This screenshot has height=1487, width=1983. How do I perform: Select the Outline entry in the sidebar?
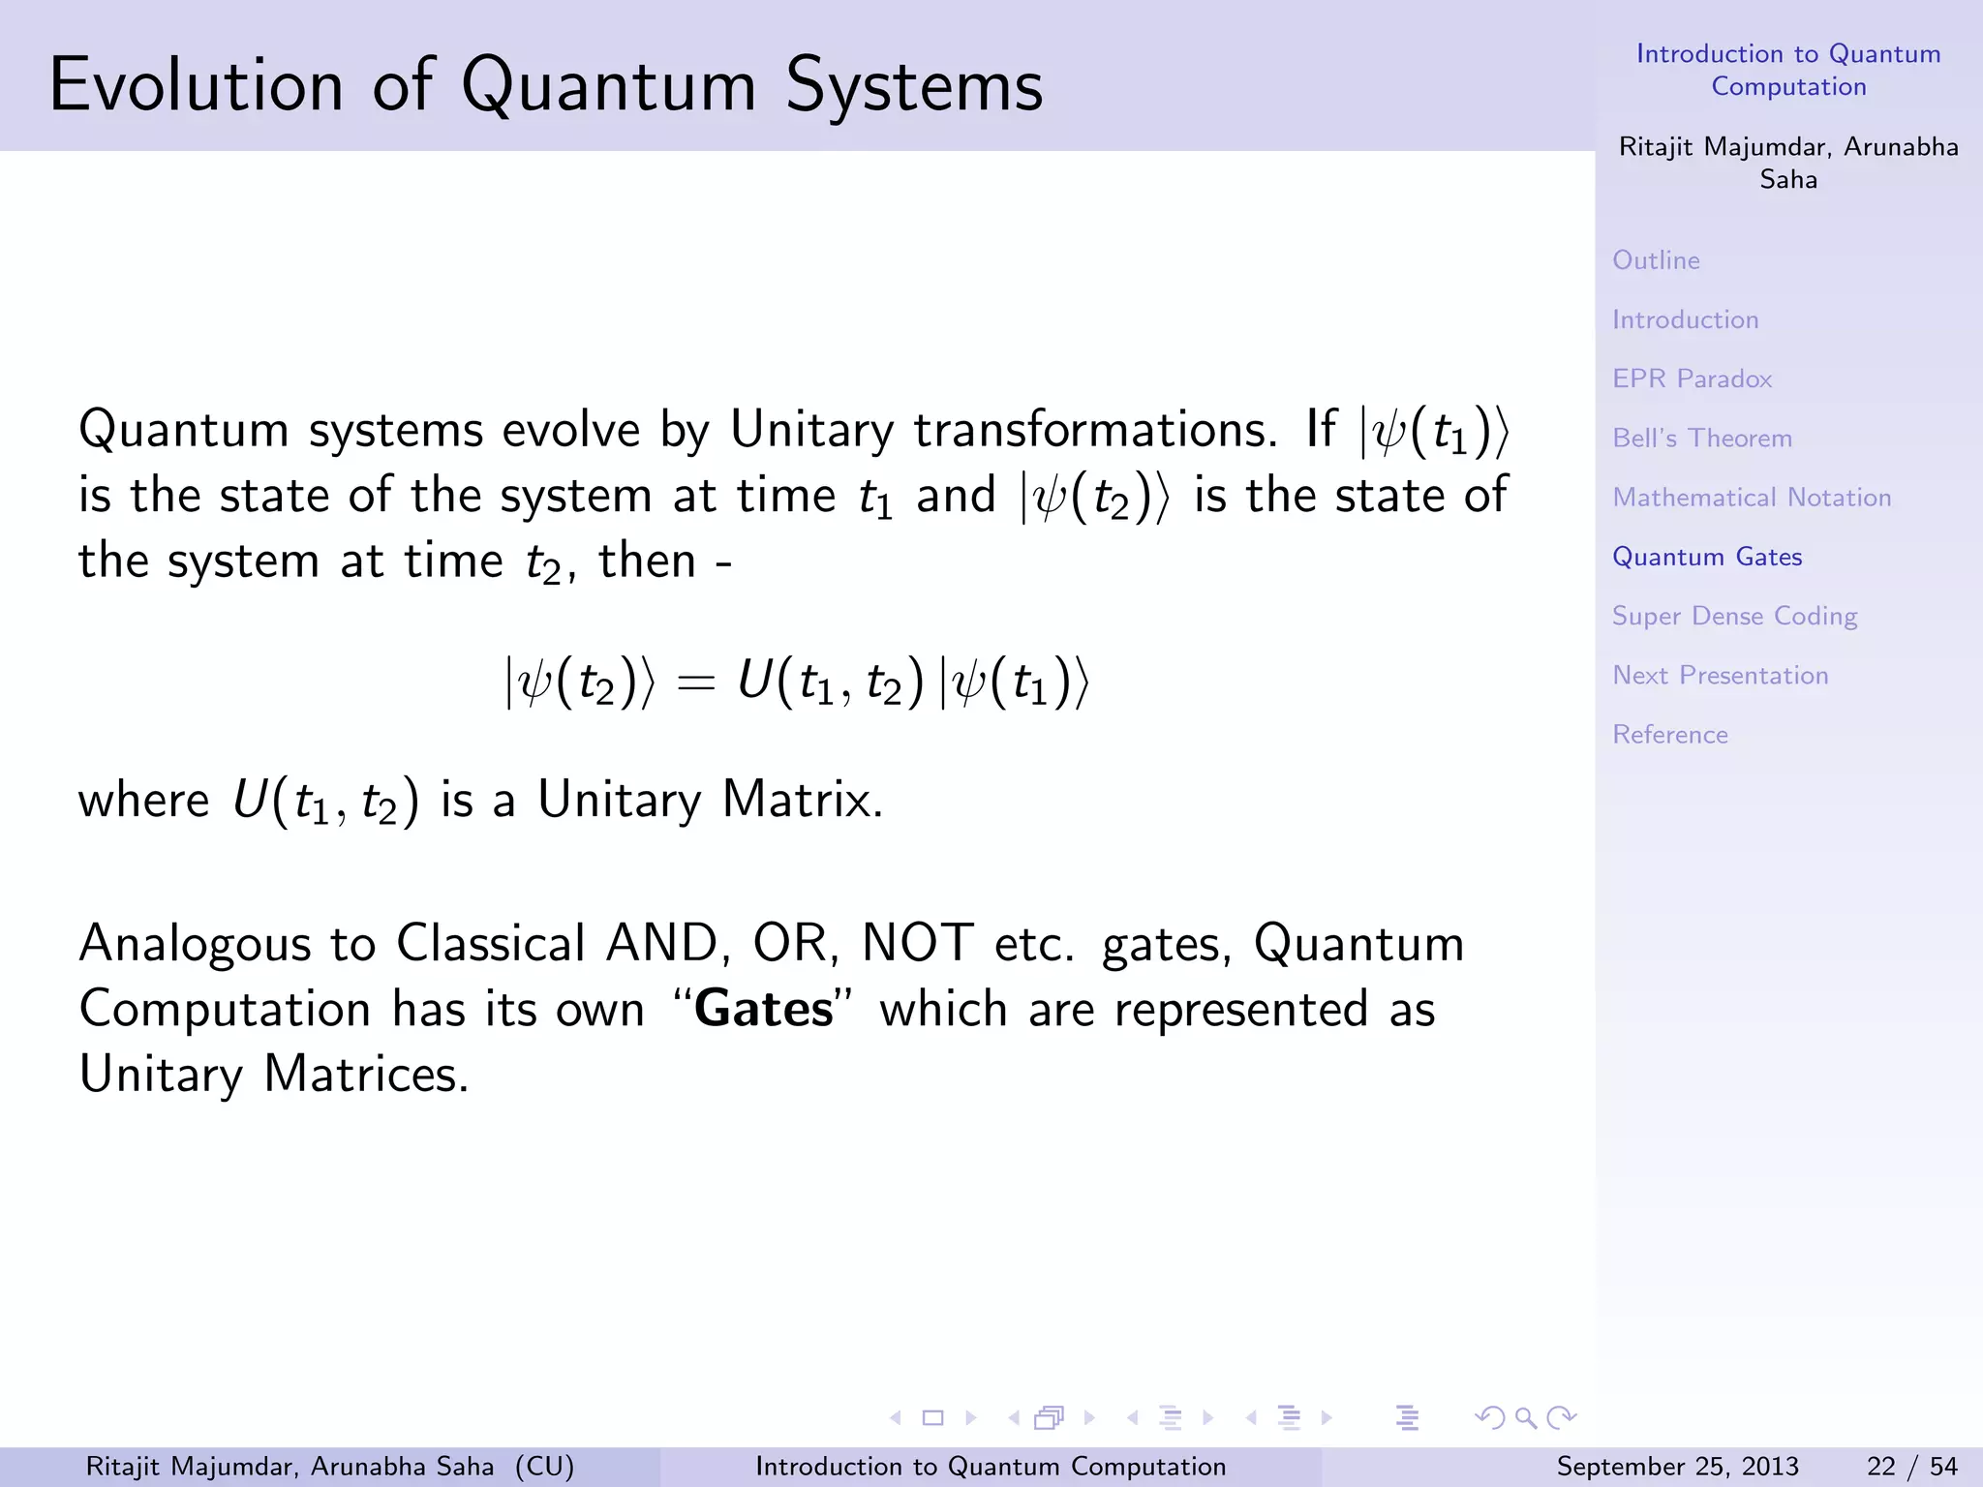pos(1656,260)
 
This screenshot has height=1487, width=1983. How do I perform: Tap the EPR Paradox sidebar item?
pos(1692,379)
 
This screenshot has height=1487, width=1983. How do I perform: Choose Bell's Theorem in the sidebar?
pos(1701,439)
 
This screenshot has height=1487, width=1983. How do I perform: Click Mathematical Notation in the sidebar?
pos(1751,498)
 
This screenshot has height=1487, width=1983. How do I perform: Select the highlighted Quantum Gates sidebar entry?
pos(1706,557)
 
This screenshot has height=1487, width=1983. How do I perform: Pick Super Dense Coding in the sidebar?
pos(1734,617)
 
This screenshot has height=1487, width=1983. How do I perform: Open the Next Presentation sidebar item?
pos(1720,676)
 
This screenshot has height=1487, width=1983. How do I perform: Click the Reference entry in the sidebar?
pos(1669,735)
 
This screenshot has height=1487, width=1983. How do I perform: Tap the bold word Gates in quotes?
pos(763,1009)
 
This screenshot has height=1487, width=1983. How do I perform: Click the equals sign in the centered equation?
pos(696,683)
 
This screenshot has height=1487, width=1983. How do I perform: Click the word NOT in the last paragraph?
pos(917,943)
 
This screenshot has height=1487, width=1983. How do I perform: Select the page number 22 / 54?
pos(1911,1467)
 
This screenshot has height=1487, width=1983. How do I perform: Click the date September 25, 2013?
pos(1677,1467)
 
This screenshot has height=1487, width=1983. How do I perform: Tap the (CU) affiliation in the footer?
pos(544,1467)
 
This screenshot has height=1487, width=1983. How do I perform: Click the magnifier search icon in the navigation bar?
pos(1525,1418)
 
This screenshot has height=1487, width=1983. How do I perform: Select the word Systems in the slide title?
pos(914,85)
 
